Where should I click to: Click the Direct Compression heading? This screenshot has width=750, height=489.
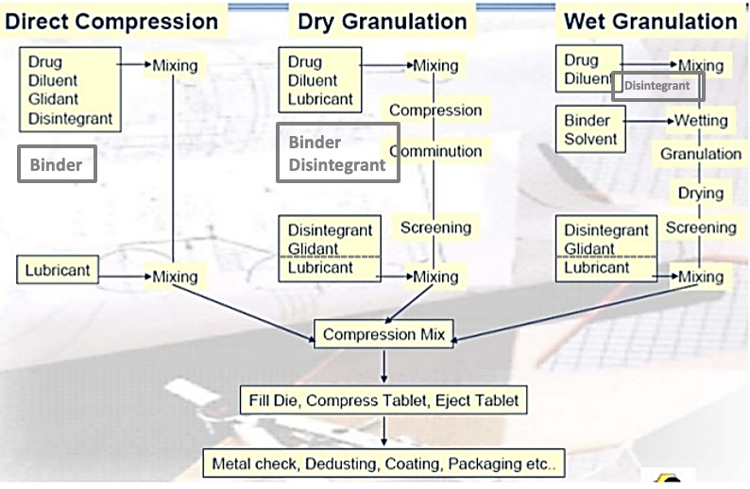tap(112, 20)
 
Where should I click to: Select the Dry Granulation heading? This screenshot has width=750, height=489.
tap(382, 20)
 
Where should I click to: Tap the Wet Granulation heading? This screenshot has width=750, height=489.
tap(650, 20)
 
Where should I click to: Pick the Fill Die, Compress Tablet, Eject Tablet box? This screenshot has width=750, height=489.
tap(384, 400)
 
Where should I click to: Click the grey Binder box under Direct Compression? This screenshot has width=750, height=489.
tap(57, 165)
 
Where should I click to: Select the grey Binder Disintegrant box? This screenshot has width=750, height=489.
tap(337, 154)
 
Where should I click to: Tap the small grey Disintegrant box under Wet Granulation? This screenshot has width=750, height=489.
tap(657, 87)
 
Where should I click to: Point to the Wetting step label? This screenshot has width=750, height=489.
tap(700, 121)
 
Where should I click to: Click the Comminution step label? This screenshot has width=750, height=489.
tap(435, 151)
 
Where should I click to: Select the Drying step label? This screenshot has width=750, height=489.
tap(700, 194)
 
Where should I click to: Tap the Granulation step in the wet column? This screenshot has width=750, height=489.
tap(700, 154)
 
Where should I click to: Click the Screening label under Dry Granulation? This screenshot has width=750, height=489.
tap(435, 228)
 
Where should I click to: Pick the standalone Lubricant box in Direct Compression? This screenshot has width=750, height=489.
tap(58, 270)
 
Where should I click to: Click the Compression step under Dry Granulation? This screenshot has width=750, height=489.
tap(435, 110)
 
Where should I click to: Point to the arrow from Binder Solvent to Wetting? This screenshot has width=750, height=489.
tap(645, 122)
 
